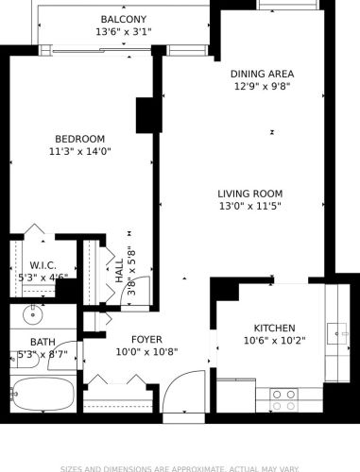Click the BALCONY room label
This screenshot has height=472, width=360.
point(124,20)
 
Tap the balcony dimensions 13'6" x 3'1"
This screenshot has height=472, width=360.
point(124,32)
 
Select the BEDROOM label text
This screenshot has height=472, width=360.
point(79,138)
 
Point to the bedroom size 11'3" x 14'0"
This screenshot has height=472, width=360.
point(79,151)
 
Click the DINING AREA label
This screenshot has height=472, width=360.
point(262,74)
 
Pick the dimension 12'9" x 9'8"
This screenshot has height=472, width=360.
point(262,86)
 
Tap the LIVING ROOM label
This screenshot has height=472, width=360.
point(250,193)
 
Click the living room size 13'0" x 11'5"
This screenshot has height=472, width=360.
point(250,206)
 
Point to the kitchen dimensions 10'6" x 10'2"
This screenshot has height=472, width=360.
point(275,341)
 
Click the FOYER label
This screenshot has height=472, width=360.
point(146,339)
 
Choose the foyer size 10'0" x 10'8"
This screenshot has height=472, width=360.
point(146,352)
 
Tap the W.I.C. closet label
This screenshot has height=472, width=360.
point(43,265)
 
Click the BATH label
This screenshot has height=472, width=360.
point(43,342)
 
